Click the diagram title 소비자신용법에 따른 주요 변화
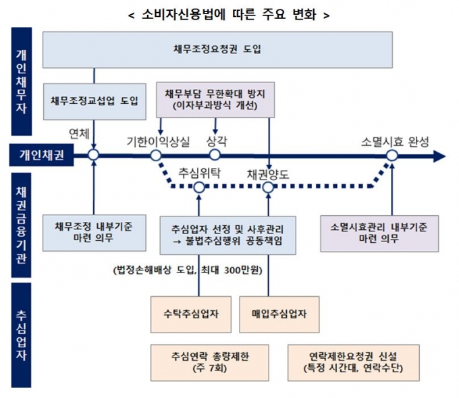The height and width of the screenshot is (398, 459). pyautogui.click(x=229, y=16)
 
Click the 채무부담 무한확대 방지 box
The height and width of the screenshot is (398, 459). pyautogui.click(x=215, y=101)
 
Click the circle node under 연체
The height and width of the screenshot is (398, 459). pyautogui.click(x=93, y=156)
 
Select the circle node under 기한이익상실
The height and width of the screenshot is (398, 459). pyautogui.click(x=156, y=156)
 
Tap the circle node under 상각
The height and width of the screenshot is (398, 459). pyautogui.click(x=215, y=156)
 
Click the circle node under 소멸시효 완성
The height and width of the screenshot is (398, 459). pyautogui.click(x=391, y=156)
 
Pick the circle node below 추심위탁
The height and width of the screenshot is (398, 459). pyautogui.click(x=199, y=188)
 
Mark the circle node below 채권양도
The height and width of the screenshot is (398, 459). pyautogui.click(x=268, y=188)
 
